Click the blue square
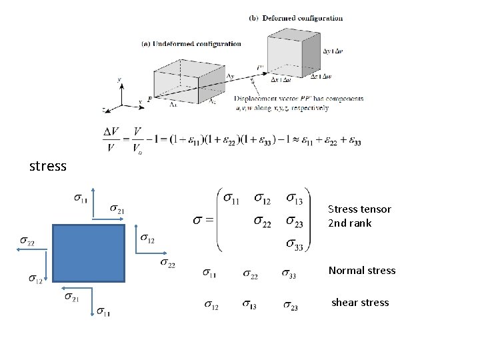pyautogui.click(x=89, y=253)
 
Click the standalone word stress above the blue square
pyautogui.click(x=48, y=166)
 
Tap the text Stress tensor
pyautogui.click(x=359, y=209)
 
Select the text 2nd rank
pyautogui.click(x=349, y=223)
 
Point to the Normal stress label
pyautogui.click(x=361, y=271)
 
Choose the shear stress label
pyautogui.click(x=360, y=303)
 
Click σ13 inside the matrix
pyautogui.click(x=293, y=199)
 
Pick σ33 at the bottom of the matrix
pyautogui.click(x=293, y=245)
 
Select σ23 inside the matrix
pyautogui.click(x=293, y=222)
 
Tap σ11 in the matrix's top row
pyautogui.click(x=233, y=199)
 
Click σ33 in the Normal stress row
pyautogui.click(x=289, y=273)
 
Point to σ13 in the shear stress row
pyautogui.click(x=250, y=306)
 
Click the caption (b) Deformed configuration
pyautogui.click(x=296, y=18)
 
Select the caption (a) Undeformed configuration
pyautogui.click(x=192, y=44)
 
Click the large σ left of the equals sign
pyautogui.click(x=198, y=221)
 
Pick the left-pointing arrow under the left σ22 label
pyautogui.click(x=32, y=249)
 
